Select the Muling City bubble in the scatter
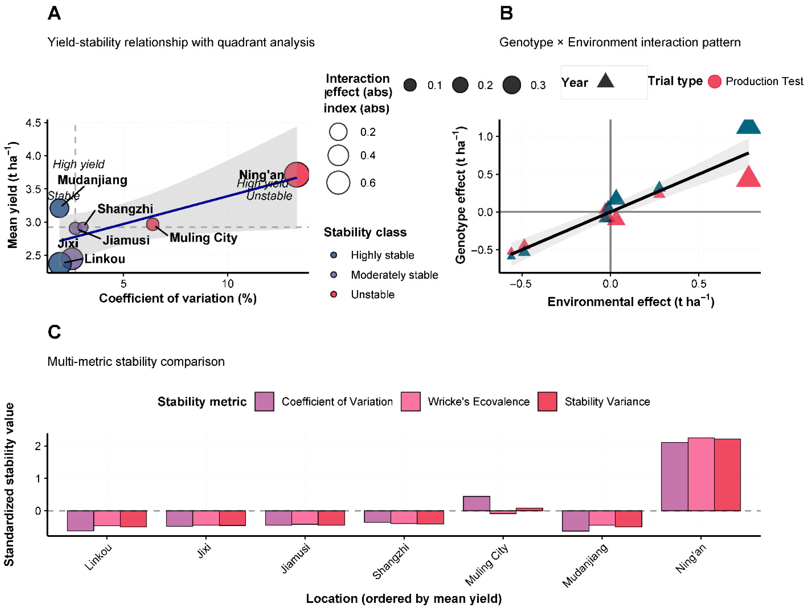click(153, 224)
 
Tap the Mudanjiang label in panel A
click(92, 180)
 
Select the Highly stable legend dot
click(334, 255)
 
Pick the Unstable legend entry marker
click(334, 294)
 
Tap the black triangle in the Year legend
click(605, 81)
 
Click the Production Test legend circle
click(714, 81)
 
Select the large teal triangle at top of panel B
click(749, 126)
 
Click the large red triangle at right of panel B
click(749, 178)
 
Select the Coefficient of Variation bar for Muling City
click(476, 503)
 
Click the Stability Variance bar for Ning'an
click(727, 474)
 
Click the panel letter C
click(54, 332)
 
